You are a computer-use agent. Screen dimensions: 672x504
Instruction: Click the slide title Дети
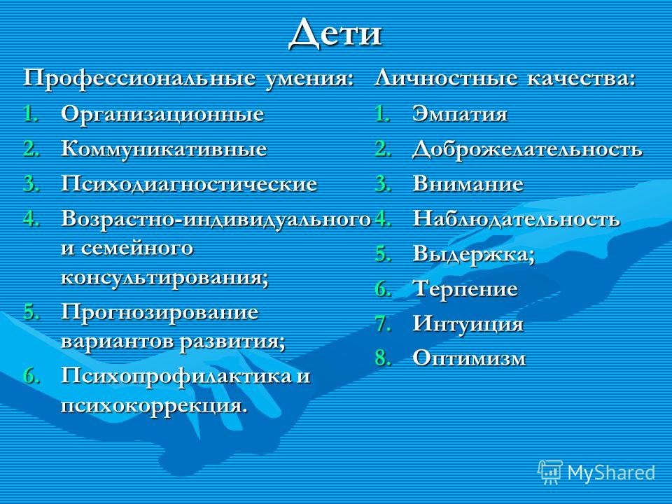pos(335,33)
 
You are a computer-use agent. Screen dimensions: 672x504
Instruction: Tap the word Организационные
pos(162,114)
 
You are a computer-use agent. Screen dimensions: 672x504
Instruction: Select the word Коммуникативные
pos(164,149)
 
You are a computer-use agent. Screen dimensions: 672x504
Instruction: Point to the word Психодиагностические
pos(189,184)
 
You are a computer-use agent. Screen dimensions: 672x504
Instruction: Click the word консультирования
pos(162,277)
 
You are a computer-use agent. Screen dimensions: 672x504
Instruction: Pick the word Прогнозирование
pos(160,312)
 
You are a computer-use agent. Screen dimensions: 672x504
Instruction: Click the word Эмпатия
pos(459,114)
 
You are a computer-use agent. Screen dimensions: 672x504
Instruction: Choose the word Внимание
pos(468,184)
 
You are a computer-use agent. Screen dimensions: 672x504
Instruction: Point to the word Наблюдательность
pos(516,219)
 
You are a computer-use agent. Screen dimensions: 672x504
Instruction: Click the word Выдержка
pos(471,254)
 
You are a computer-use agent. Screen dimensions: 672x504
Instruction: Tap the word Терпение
pos(465,289)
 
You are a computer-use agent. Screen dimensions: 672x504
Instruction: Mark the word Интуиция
pos(468,324)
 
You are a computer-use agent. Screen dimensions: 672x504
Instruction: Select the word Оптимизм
pos(469,358)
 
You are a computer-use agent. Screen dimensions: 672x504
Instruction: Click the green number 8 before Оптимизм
pos(381,358)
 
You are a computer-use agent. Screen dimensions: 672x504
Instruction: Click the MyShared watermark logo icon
pos(549,472)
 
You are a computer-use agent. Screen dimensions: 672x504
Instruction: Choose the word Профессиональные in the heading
pos(139,79)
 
